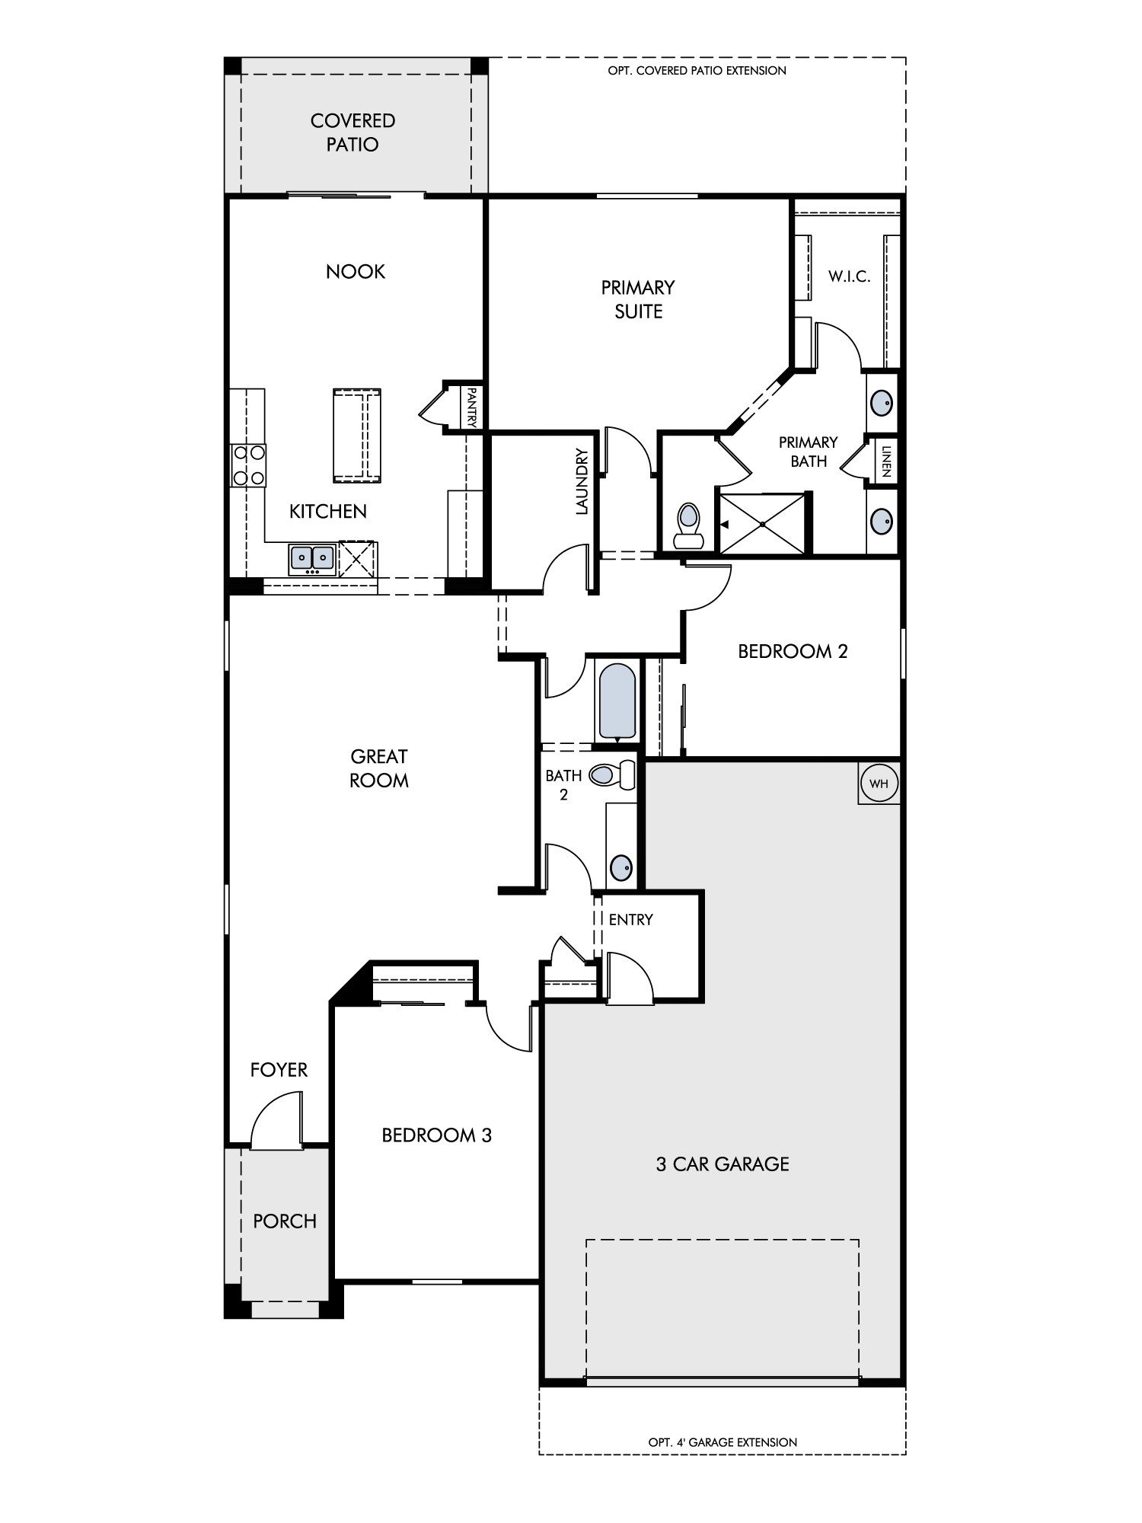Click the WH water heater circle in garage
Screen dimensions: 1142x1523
point(879,783)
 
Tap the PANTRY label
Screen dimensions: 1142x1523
point(472,407)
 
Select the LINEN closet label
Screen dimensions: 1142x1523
point(886,461)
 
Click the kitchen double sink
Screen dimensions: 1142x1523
point(313,558)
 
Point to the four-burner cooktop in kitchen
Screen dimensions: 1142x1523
point(249,465)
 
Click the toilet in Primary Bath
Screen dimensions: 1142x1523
point(688,525)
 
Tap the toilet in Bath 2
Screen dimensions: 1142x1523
point(612,775)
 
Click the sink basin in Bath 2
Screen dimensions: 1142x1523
point(621,867)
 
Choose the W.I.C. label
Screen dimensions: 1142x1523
point(850,276)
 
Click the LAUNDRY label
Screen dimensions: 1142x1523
point(582,481)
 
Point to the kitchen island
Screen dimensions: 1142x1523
point(356,436)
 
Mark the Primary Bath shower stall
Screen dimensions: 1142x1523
point(762,524)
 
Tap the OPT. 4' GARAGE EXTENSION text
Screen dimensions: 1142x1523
point(723,1442)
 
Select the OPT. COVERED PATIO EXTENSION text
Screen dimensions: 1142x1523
point(697,71)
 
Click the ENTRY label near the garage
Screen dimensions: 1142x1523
point(630,919)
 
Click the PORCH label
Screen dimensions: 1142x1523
point(285,1221)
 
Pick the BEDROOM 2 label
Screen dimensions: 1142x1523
point(793,651)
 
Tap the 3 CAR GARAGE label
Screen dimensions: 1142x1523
point(723,1164)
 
